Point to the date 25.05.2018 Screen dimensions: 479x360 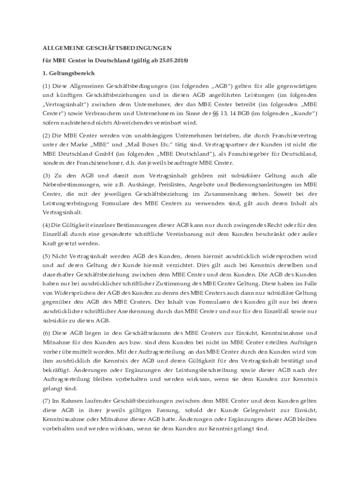pyautogui.click(x=171, y=61)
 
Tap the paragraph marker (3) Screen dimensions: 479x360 pyautogui.click(x=46, y=176)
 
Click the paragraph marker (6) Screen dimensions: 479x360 pyautogui.click(x=46, y=333)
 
